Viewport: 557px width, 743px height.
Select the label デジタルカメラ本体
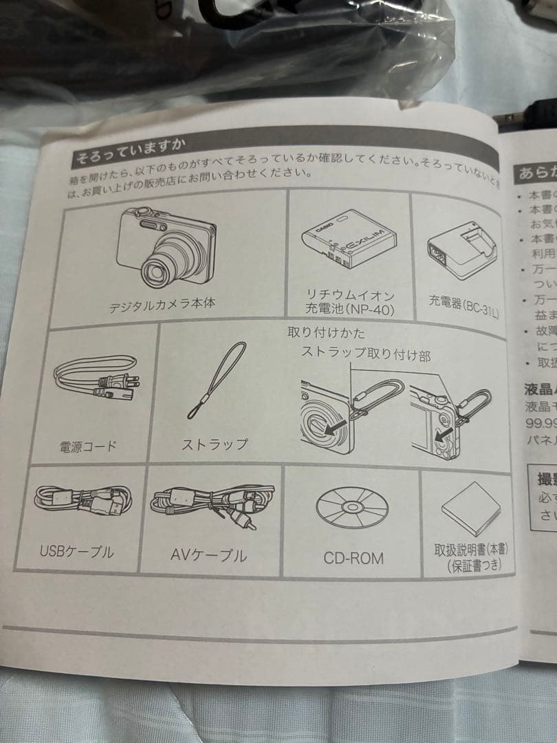click(162, 305)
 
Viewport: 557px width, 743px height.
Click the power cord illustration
click(96, 386)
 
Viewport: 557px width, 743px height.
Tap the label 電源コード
click(87, 446)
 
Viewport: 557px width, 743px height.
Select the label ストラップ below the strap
click(215, 444)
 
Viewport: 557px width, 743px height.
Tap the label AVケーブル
click(208, 554)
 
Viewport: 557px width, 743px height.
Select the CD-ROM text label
click(353, 557)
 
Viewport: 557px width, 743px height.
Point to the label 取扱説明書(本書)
click(470, 551)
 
